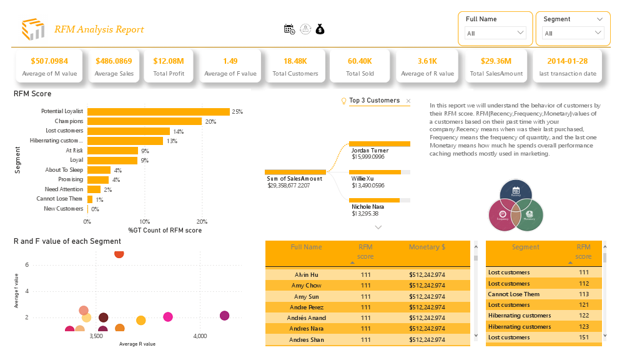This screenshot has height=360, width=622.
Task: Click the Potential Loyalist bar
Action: [x=158, y=111]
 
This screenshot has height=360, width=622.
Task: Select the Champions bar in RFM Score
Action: [x=144, y=121]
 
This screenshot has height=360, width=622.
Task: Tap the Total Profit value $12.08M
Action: [x=169, y=61]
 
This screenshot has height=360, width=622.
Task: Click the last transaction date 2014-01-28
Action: [x=567, y=61]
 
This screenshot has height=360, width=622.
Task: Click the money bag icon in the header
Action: [x=320, y=29]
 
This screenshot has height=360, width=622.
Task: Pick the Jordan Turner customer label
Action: [x=370, y=151]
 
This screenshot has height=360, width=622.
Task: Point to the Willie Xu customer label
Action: [x=363, y=179]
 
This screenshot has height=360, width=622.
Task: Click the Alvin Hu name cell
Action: [x=306, y=274]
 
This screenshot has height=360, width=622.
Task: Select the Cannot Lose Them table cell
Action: [x=514, y=294]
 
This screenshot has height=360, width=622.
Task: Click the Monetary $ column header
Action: [x=427, y=247]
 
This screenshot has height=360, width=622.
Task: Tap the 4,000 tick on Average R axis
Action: [x=200, y=336]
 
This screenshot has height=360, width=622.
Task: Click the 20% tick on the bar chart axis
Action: [x=202, y=221]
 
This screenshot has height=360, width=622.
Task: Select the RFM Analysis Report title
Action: [x=99, y=29]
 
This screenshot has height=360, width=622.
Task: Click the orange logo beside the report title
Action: [x=33, y=29]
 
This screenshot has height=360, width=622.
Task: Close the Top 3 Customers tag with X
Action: [x=408, y=101]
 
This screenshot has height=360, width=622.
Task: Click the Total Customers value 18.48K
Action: [x=295, y=61]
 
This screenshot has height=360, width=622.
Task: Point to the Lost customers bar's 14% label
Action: [x=179, y=131]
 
